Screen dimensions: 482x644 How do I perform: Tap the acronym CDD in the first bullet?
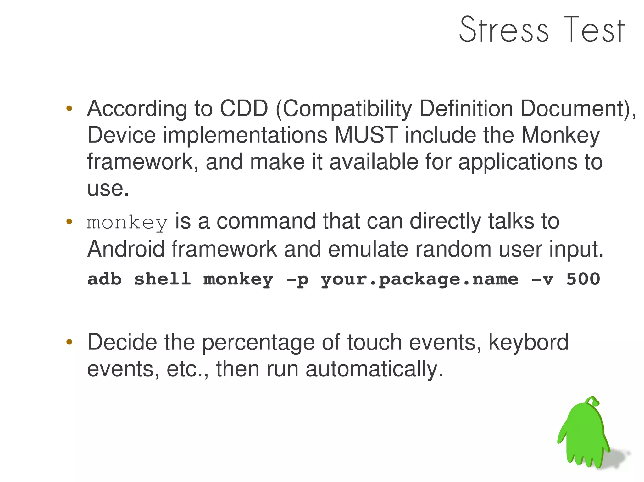[x=244, y=109]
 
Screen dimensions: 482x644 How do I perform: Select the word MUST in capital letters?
[x=366, y=135]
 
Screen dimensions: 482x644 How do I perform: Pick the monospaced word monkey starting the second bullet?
[x=127, y=223]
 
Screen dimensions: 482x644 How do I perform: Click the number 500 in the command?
[x=583, y=279]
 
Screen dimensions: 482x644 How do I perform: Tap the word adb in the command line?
[x=104, y=279]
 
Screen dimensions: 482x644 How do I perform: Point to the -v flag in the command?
[x=542, y=279]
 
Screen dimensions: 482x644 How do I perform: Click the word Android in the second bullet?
[x=126, y=249]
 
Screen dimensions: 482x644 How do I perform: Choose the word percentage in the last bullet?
[x=258, y=343]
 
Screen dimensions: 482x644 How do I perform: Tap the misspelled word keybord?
[x=528, y=343]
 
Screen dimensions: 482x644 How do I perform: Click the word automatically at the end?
[x=374, y=369]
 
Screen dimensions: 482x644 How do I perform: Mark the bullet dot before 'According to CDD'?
[x=69, y=109]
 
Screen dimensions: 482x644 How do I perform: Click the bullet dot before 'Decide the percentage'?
[x=69, y=342]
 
